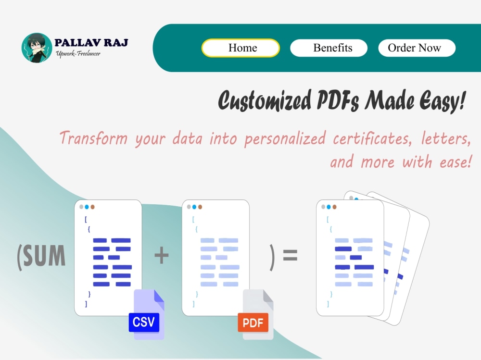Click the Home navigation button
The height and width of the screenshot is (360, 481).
pos(240,48)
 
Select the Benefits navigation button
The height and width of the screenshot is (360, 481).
pos(329,48)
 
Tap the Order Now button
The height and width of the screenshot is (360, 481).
pos(417,48)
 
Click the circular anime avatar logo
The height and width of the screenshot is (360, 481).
pos(37,48)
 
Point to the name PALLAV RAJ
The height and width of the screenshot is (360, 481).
pos(91,43)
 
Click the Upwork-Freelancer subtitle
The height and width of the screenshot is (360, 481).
pos(78,53)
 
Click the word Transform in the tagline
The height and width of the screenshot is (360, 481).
pos(94,139)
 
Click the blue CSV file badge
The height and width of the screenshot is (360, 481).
pos(144,322)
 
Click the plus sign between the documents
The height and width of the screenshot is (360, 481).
pos(162,255)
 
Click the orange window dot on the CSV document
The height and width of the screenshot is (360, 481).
pos(92,207)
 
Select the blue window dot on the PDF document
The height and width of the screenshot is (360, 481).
pos(194,207)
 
